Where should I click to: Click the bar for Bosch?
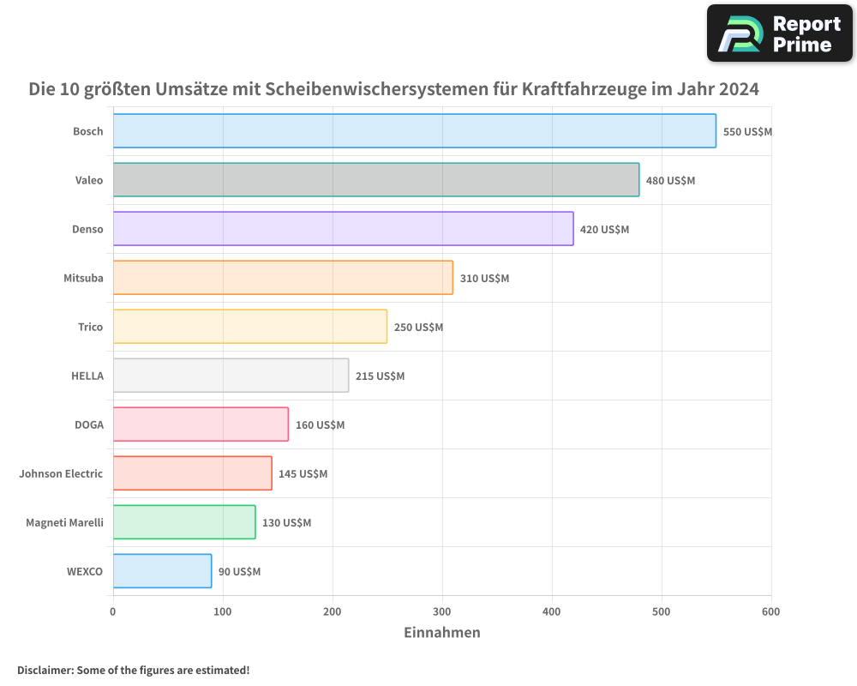tap(414, 131)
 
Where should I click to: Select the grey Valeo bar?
tap(375, 180)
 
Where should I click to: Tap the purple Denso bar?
tap(343, 229)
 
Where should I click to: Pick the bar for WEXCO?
tap(162, 571)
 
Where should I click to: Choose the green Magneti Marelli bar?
tap(184, 522)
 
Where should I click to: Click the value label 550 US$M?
tap(747, 132)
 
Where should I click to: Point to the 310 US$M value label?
tap(484, 279)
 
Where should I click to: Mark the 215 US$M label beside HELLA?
tap(380, 376)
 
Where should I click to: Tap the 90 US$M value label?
tap(239, 572)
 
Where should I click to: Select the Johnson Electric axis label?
tap(61, 473)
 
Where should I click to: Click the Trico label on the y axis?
tap(90, 327)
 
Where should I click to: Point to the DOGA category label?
tap(89, 424)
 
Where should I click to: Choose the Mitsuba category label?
tap(83, 278)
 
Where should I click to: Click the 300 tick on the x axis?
tap(442, 611)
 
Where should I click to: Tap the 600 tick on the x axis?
tap(770, 611)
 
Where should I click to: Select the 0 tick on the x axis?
tap(113, 611)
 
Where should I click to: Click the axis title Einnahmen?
tap(441, 633)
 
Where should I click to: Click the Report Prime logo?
tap(779, 33)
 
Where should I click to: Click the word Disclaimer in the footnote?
tap(45, 671)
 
